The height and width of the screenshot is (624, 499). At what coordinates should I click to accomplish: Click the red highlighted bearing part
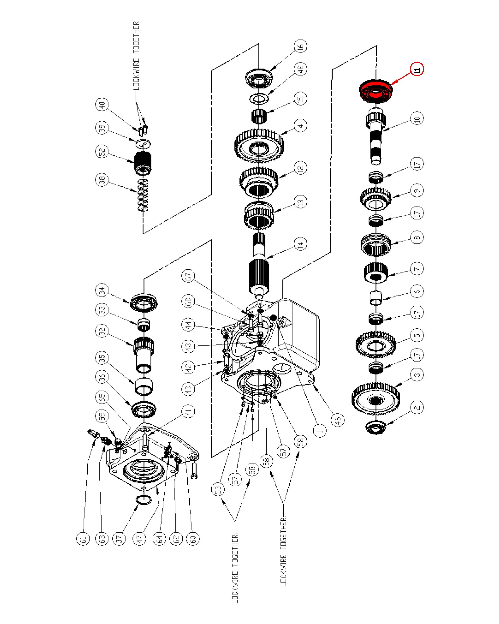click(x=376, y=91)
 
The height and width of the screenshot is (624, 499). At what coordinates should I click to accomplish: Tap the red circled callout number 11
click(x=417, y=69)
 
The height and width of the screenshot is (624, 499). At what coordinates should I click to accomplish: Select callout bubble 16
click(x=300, y=46)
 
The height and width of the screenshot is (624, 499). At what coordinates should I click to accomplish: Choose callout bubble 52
click(x=102, y=151)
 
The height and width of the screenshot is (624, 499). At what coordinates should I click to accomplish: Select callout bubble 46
click(x=338, y=420)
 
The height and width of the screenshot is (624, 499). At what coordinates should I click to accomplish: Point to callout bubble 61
click(x=83, y=539)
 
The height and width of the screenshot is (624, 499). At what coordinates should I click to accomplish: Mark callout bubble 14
click(x=300, y=244)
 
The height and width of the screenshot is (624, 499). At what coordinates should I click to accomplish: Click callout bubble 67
click(x=188, y=276)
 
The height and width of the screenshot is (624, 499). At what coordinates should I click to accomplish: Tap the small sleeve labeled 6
click(x=376, y=298)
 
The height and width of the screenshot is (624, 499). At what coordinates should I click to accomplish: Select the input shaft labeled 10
click(x=375, y=136)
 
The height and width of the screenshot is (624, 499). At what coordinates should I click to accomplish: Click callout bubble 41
click(x=188, y=411)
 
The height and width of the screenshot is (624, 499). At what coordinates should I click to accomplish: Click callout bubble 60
click(x=193, y=539)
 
